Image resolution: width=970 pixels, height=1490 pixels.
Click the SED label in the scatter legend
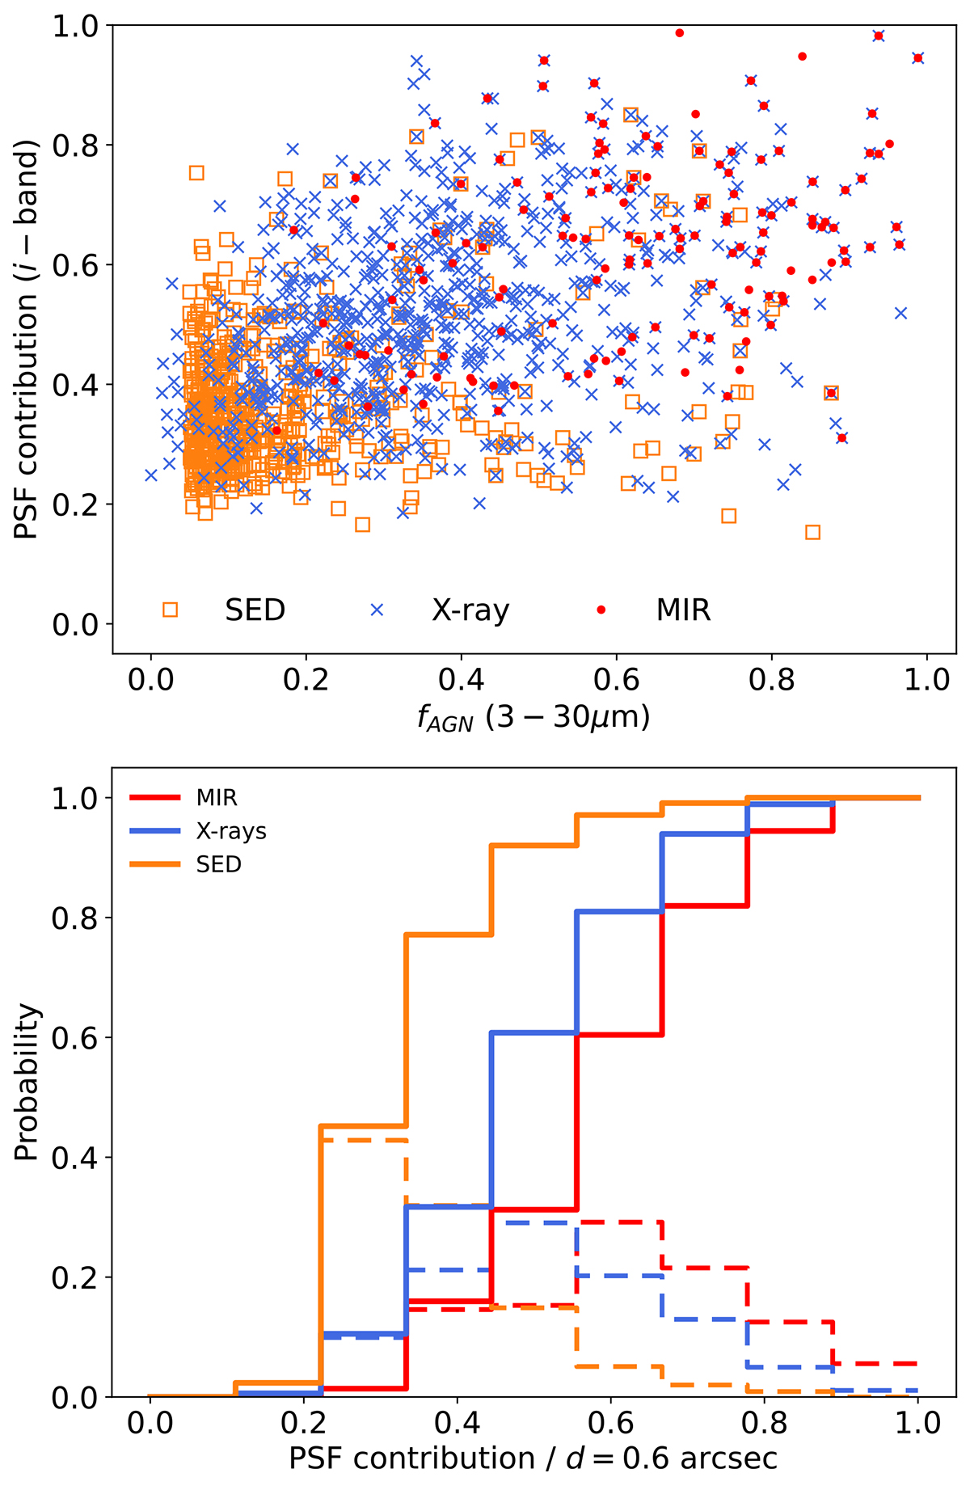[255, 610]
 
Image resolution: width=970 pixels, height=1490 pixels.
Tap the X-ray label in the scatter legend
[470, 610]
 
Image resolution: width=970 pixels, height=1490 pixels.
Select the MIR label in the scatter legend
[683, 610]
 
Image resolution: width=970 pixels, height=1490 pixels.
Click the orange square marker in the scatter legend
[170, 610]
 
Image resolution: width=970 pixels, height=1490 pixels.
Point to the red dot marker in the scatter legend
[601, 610]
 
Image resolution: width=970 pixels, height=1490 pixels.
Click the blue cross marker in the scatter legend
[377, 610]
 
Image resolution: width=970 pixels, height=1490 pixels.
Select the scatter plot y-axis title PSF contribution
[27, 340]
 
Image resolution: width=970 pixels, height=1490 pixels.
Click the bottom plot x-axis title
[533, 1458]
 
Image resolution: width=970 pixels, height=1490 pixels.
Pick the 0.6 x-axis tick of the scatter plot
[617, 680]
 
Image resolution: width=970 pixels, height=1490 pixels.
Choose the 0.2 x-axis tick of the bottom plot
[303, 1422]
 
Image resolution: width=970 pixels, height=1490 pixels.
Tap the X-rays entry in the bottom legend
[231, 831]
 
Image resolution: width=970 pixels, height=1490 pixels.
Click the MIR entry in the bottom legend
[217, 798]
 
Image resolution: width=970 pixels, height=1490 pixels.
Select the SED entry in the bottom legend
[218, 864]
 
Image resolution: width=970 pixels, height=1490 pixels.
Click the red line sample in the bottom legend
[154, 798]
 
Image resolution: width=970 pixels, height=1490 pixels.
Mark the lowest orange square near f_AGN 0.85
[813, 532]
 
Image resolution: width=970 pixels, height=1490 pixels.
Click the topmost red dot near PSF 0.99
[680, 33]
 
